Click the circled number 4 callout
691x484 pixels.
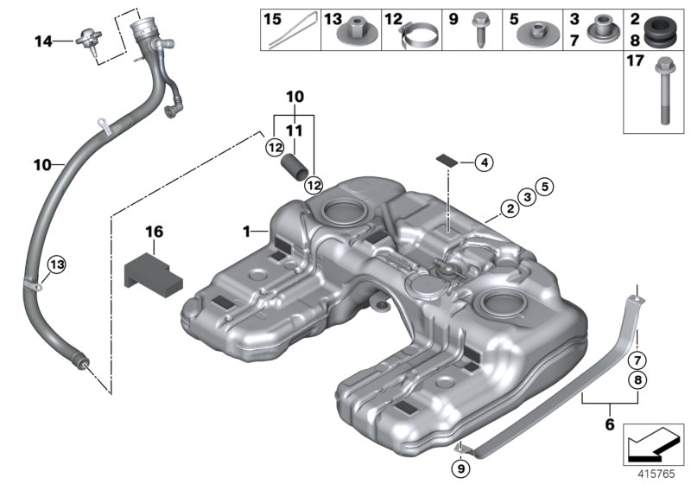(483, 162)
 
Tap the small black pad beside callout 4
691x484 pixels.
(447, 158)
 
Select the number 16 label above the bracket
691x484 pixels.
(154, 232)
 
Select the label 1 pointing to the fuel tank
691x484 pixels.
(247, 232)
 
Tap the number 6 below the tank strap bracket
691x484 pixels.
(609, 425)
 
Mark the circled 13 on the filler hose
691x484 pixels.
(56, 264)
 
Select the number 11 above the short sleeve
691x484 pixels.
(295, 129)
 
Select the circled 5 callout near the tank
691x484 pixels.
(542, 184)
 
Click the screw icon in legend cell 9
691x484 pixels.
(478, 35)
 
